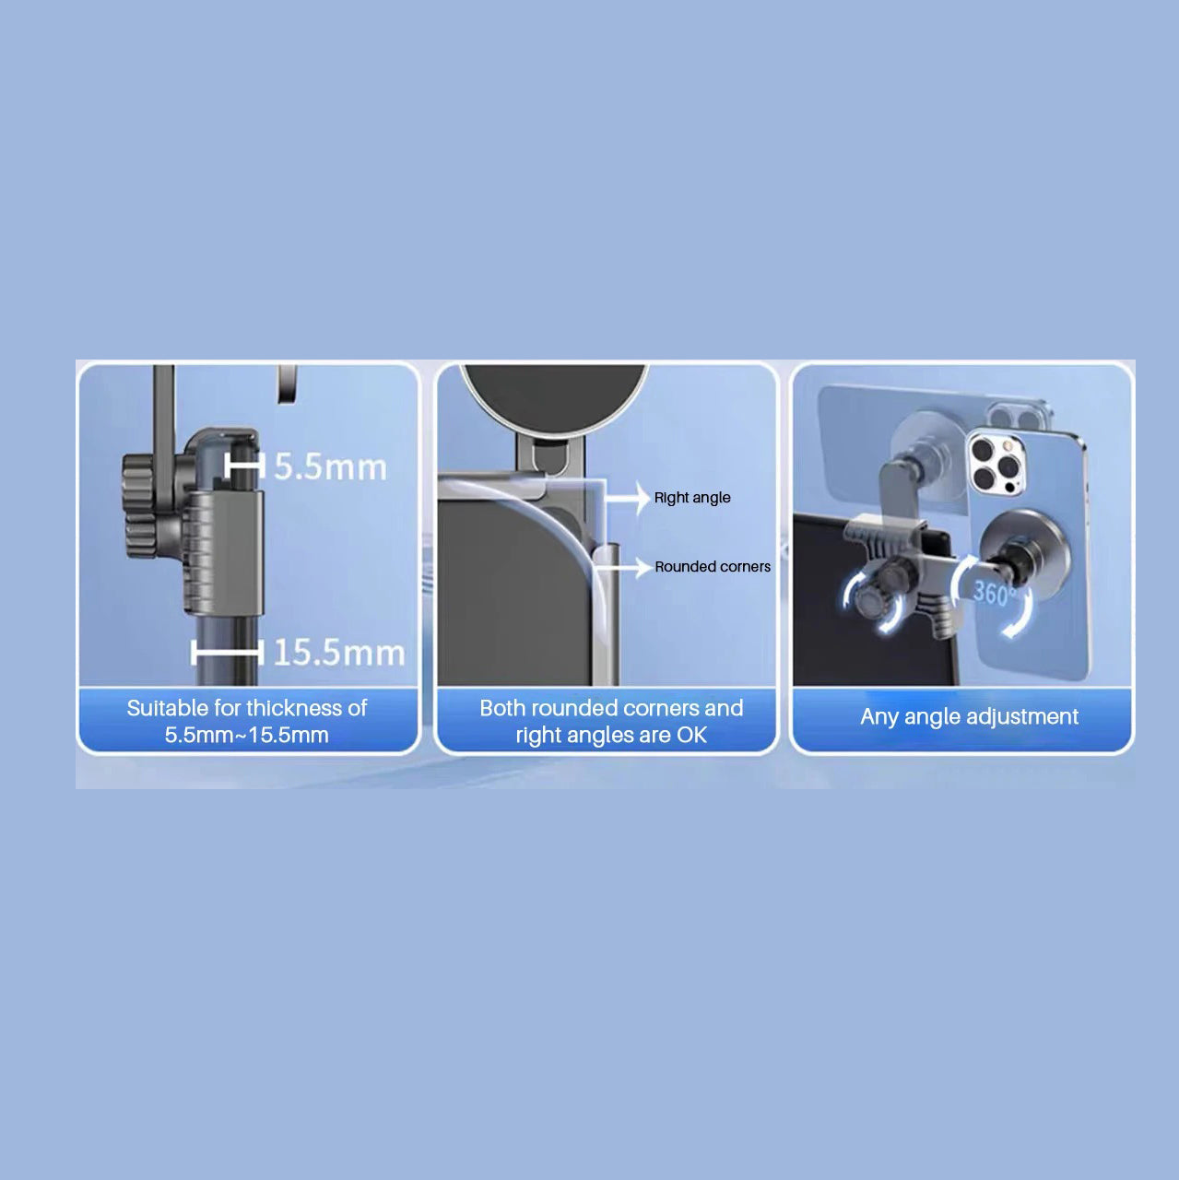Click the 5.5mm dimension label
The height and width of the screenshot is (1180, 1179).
pyautogui.click(x=330, y=466)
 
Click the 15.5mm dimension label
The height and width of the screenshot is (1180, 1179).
pyautogui.click(x=338, y=652)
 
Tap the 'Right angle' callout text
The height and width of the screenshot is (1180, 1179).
pyautogui.click(x=692, y=498)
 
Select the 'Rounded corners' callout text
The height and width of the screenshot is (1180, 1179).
pyautogui.click(x=713, y=566)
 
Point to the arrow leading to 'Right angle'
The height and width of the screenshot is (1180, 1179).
pyautogui.click(x=627, y=498)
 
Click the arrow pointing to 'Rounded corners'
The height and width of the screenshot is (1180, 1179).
pyautogui.click(x=623, y=568)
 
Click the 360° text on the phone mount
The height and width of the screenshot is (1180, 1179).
pyautogui.click(x=994, y=593)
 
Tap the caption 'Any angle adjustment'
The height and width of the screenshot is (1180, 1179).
pyautogui.click(x=969, y=716)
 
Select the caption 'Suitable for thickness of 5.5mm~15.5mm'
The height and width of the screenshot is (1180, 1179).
pyautogui.click(x=247, y=721)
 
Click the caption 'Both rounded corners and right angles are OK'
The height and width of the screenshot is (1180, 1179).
pyautogui.click(x=611, y=721)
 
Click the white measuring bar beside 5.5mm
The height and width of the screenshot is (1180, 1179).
pyautogui.click(x=244, y=466)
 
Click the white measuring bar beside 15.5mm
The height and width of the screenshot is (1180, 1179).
pyautogui.click(x=227, y=652)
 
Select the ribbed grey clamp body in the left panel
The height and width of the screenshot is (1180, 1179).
pyautogui.click(x=224, y=551)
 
